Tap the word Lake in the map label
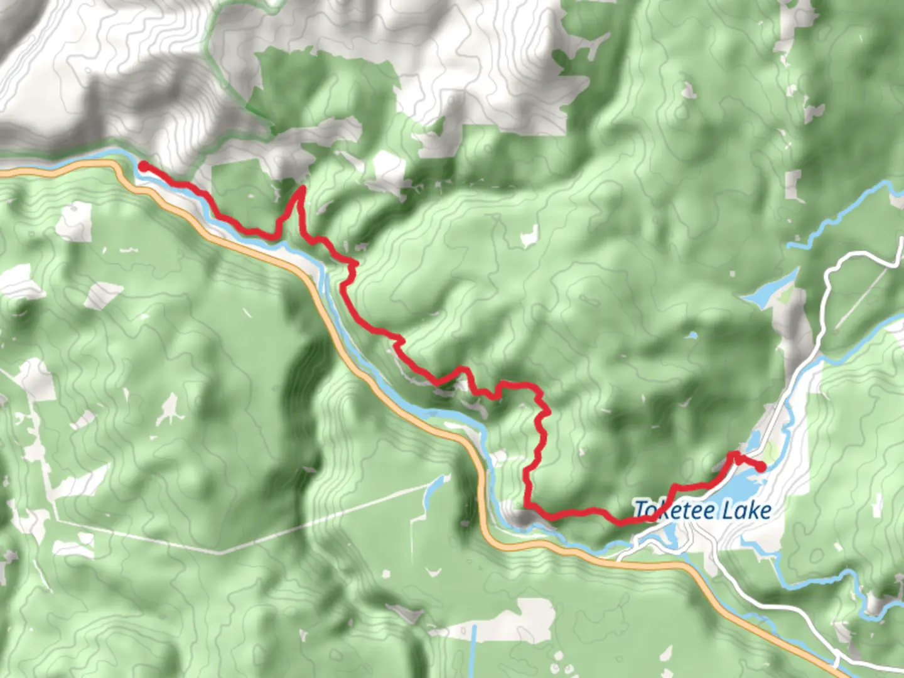[x=746, y=510]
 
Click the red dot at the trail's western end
[x=143, y=166]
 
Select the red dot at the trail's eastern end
[x=760, y=466]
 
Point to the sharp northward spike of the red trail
[x=301, y=189]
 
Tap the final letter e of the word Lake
[x=765, y=511]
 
